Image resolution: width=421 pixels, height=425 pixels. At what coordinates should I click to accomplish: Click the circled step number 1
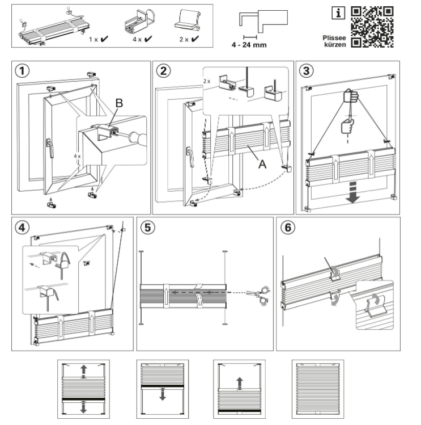tap(22, 71)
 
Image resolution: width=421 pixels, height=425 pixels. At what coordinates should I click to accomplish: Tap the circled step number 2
tap(164, 71)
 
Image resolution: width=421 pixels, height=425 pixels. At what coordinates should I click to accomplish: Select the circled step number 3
tap(306, 71)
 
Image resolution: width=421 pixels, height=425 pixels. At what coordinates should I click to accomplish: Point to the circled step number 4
tap(22, 227)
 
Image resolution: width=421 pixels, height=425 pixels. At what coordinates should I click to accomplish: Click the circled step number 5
tap(148, 227)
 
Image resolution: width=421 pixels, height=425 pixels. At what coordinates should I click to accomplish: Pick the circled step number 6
tap(288, 227)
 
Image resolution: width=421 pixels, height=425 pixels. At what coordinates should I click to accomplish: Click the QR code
tap(372, 27)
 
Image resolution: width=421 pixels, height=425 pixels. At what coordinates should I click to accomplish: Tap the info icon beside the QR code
tap(338, 13)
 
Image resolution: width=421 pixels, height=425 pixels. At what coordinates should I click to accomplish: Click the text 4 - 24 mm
tap(249, 45)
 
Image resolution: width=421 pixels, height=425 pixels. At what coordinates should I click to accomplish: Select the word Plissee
tap(334, 37)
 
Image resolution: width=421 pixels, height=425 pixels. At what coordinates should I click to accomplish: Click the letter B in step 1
tap(119, 103)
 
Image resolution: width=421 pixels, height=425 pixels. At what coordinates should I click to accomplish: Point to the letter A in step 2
tap(262, 164)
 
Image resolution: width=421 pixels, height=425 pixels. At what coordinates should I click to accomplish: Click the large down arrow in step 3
tap(353, 193)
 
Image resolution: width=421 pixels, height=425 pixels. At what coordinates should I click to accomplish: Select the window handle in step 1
tap(50, 148)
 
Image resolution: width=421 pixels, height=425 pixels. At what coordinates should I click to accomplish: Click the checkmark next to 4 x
tap(148, 39)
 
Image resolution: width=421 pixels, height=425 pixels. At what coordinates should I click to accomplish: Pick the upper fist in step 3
tap(351, 96)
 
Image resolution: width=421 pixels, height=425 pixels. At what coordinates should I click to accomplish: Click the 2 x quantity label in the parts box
tap(184, 40)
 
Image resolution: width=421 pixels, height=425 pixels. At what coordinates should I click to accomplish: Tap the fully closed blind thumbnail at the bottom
tap(318, 389)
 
